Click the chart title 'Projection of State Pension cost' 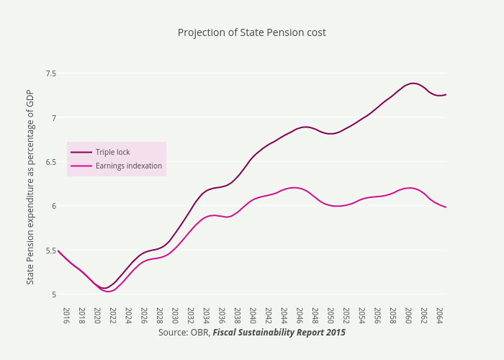251,32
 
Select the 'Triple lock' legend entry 112,152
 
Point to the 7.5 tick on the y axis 50,73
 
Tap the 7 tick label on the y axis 53,117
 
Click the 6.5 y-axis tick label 50,162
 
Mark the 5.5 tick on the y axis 50,251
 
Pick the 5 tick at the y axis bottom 53,294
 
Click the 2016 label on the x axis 66,315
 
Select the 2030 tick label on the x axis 175,315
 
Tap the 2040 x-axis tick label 253,315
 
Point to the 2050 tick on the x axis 330,315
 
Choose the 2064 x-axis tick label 439,315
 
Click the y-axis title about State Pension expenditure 30,186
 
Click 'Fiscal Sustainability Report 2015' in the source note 279,333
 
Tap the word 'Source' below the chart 171,333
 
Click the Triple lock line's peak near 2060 413,84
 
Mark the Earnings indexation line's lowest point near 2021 108,292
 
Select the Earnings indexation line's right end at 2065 446,207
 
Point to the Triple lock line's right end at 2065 446,94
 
